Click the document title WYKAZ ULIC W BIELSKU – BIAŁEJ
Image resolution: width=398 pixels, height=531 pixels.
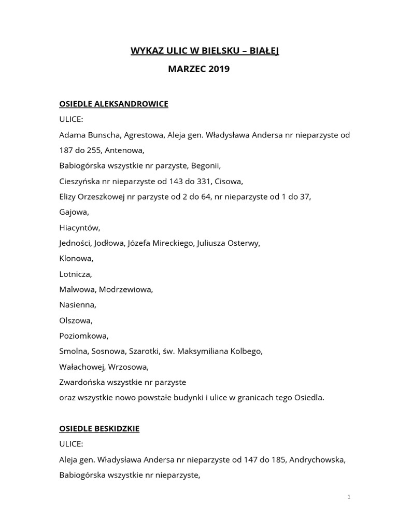coord(204,51)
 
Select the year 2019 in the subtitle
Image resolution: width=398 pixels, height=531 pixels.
coord(218,68)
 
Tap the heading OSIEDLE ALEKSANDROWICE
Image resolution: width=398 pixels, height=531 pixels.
coord(113,104)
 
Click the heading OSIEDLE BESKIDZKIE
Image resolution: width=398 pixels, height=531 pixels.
coord(99,429)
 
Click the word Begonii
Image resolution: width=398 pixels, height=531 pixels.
coord(206,166)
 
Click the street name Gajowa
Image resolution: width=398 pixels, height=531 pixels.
coord(74,212)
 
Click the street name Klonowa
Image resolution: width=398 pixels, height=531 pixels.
coord(76,258)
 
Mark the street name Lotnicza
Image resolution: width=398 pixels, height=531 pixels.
coord(75,274)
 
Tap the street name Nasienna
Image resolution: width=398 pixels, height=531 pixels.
coord(78,305)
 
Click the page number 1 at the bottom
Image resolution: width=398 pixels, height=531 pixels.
coord(349,497)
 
